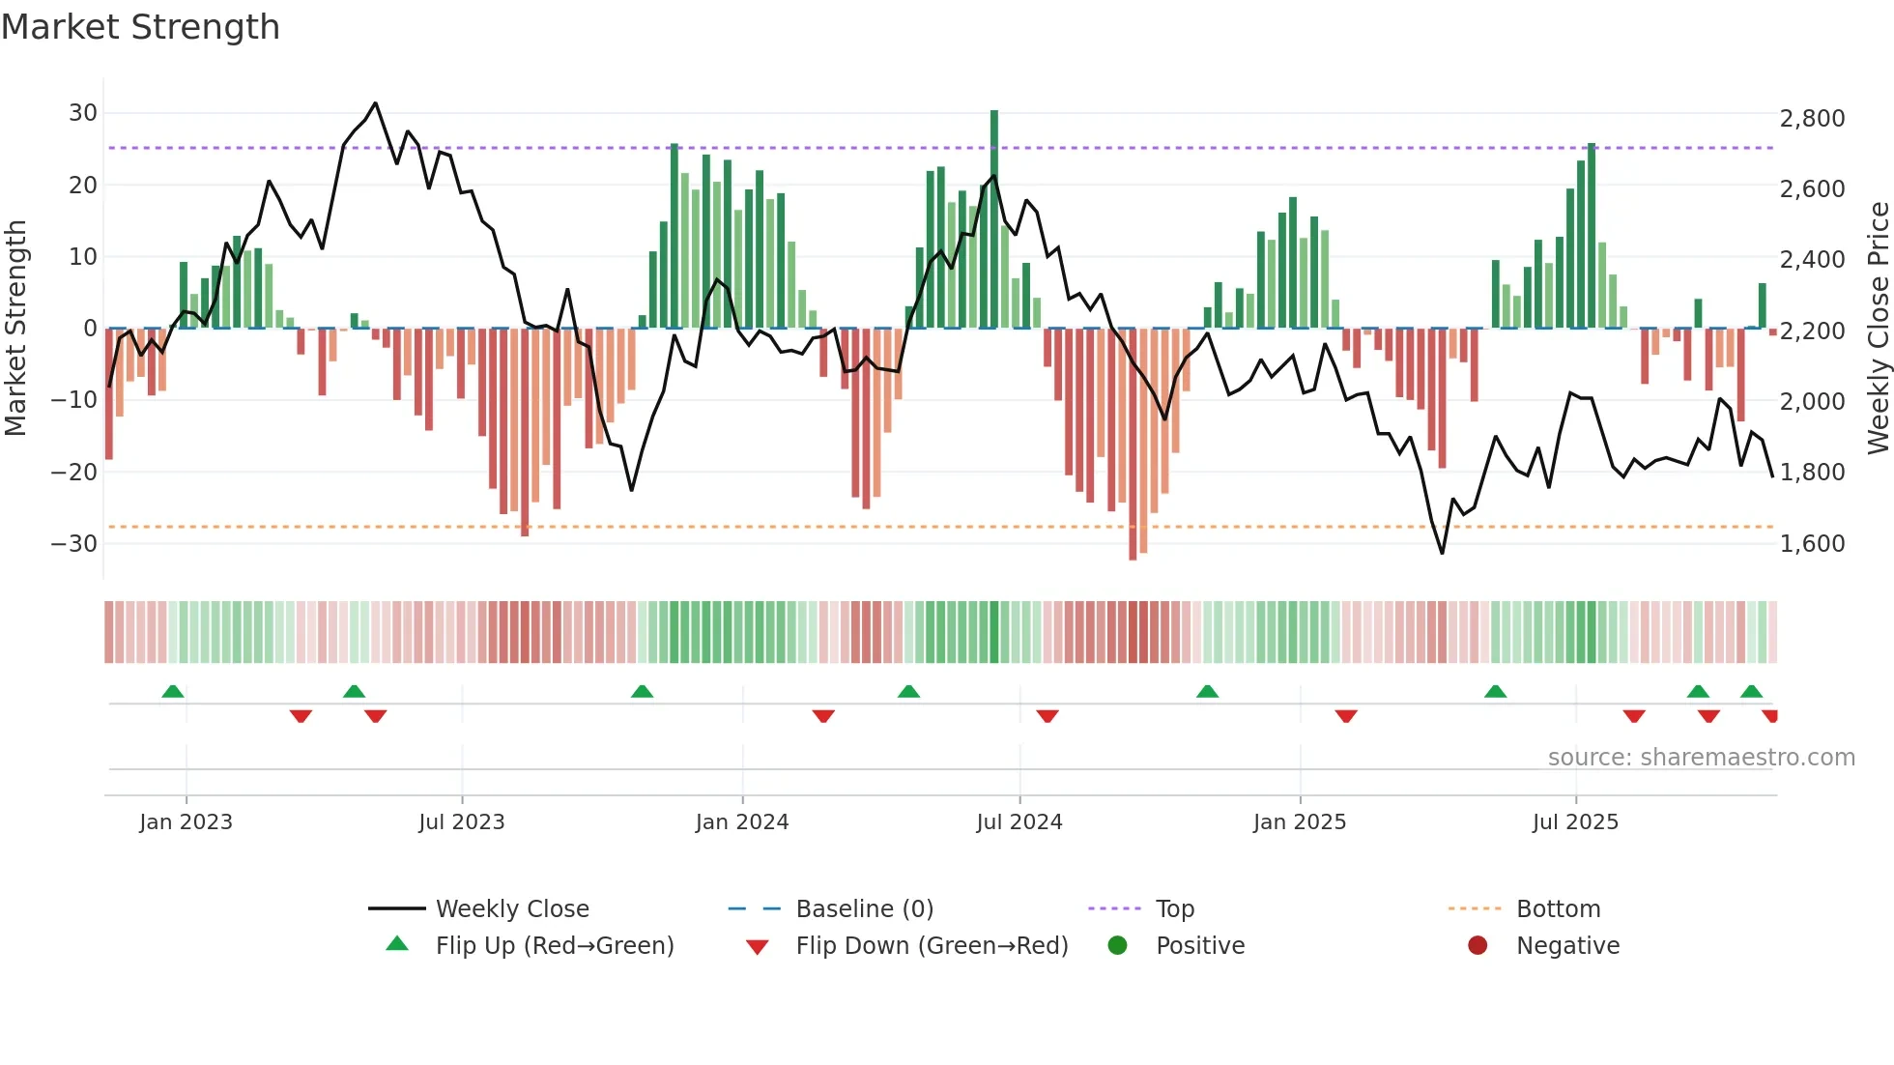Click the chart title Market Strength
click(140, 27)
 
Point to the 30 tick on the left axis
click(83, 113)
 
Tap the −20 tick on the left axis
click(74, 473)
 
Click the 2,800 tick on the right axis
click(1812, 119)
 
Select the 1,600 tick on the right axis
click(1812, 544)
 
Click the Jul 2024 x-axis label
click(1019, 822)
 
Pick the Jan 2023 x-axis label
click(186, 822)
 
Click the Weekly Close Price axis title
click(1878, 329)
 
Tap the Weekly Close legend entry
click(511, 909)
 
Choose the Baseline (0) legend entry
click(864, 909)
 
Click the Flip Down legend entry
click(931, 946)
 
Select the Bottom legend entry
click(1558, 909)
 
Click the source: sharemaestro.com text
click(1701, 758)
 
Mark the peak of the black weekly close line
click(375, 103)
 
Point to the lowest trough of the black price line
click(1442, 553)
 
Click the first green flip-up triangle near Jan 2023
click(173, 691)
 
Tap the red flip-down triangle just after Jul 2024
click(1047, 716)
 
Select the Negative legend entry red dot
click(1478, 946)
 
